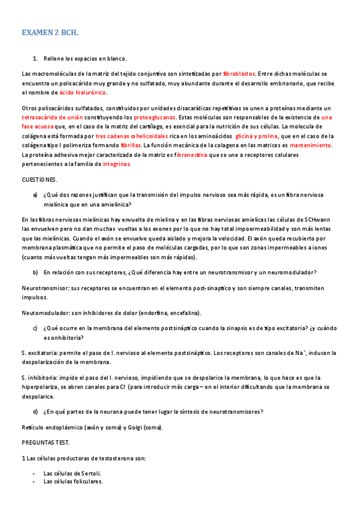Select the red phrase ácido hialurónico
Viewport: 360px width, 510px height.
[82, 93]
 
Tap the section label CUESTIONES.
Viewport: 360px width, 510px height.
[40, 180]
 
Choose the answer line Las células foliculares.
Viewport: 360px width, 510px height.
[73, 482]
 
